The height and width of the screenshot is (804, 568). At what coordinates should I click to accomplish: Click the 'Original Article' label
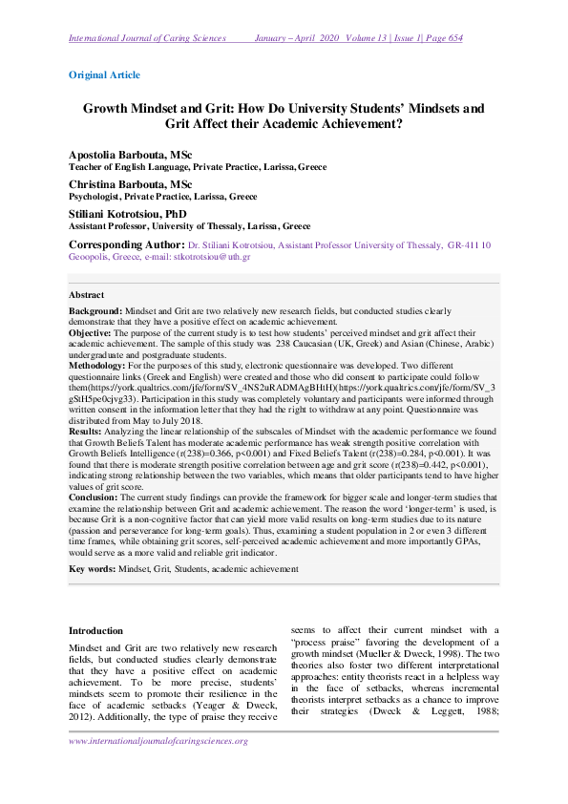point(104,74)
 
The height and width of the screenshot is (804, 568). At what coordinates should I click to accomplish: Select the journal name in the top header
point(147,38)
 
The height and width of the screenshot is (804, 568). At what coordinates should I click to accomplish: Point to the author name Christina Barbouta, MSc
point(130,183)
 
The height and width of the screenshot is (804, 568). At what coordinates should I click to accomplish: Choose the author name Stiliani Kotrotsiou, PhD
point(128,213)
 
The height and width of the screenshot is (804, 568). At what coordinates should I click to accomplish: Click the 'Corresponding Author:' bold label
point(130,245)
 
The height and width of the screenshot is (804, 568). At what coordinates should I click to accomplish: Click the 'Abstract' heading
point(87,295)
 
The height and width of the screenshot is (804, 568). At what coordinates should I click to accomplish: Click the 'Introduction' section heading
point(96,631)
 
